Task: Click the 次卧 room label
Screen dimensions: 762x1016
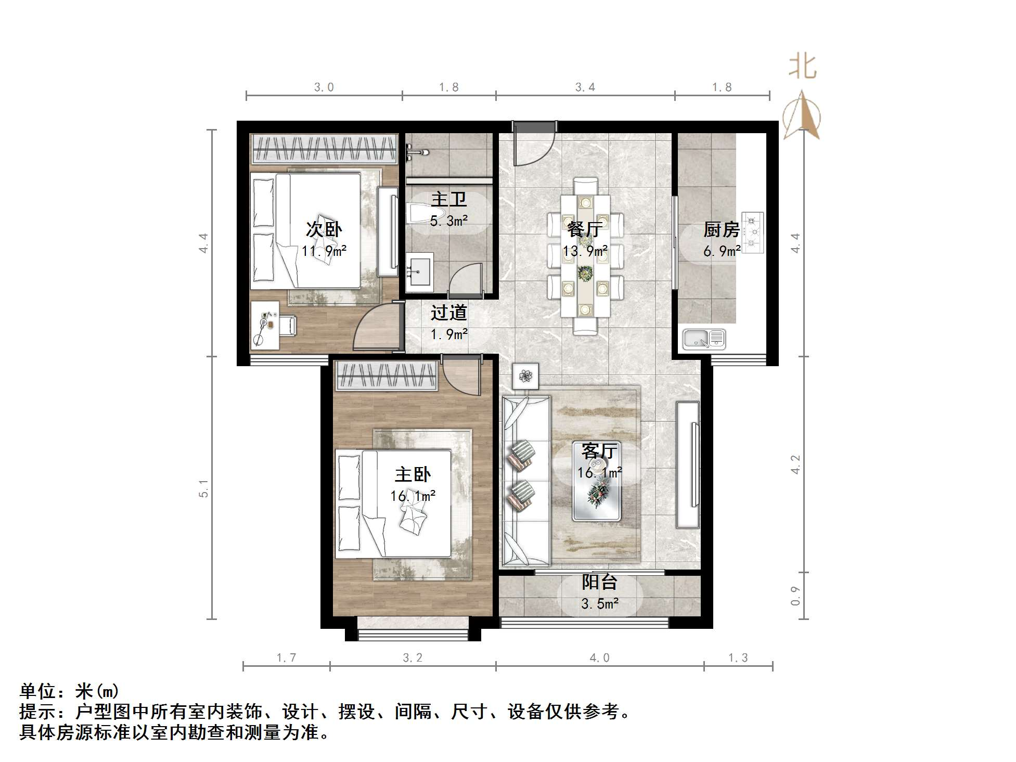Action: [324, 229]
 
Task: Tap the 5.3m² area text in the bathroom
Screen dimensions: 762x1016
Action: [448, 221]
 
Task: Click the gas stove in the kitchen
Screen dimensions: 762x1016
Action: [752, 233]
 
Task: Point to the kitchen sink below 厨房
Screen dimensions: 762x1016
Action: [703, 339]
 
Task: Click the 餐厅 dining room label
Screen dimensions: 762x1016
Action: [585, 229]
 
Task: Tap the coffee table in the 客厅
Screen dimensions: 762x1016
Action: [597, 481]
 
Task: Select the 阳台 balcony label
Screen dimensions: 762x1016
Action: [599, 582]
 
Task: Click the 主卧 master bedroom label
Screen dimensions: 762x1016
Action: [413, 474]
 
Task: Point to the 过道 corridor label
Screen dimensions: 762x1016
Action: [448, 313]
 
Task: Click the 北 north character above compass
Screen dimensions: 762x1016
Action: [802, 67]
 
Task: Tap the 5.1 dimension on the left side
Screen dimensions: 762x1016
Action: [203, 488]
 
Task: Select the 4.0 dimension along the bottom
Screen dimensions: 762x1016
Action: [599, 658]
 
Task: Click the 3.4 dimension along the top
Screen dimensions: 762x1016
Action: [585, 87]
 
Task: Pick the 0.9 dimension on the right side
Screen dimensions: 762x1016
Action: [795, 596]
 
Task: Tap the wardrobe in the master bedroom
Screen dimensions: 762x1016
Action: [386, 376]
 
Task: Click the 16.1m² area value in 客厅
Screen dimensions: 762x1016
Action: [599, 473]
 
